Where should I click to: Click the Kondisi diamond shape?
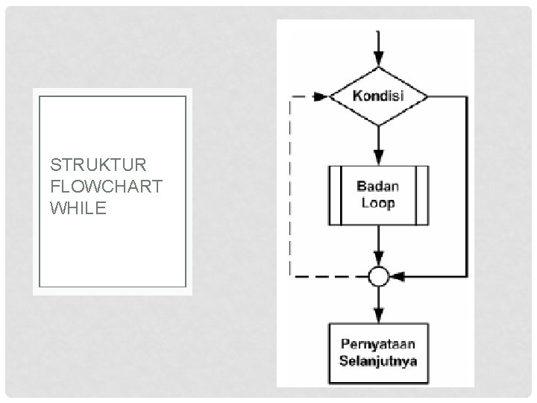(x=378, y=97)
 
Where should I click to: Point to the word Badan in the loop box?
(x=377, y=187)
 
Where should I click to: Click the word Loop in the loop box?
(x=377, y=202)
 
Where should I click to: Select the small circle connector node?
(x=378, y=277)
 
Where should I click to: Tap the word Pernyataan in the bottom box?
(x=378, y=345)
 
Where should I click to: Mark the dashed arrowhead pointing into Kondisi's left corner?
(x=321, y=97)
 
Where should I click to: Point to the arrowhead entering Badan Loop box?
(x=378, y=157)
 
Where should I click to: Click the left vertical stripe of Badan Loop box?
(x=335, y=195)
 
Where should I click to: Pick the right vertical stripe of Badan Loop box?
(x=421, y=195)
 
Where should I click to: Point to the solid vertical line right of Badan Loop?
(x=468, y=187)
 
